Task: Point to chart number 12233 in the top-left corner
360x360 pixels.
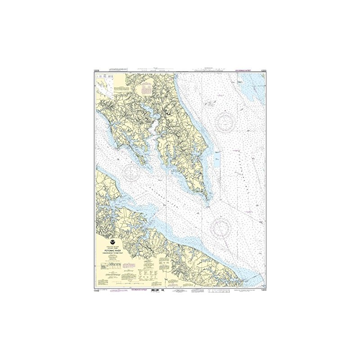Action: (x=95, y=71)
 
